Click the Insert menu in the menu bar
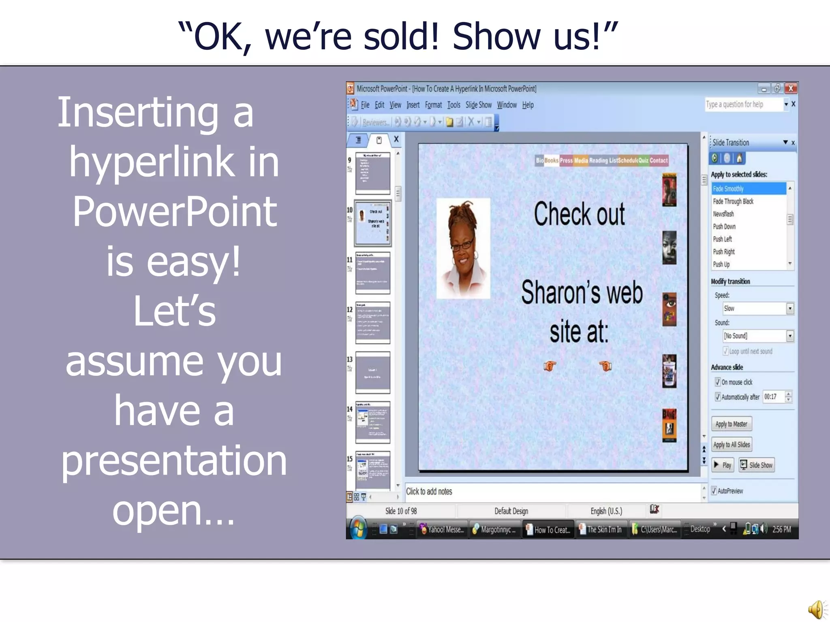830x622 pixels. (x=413, y=105)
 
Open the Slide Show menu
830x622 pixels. (x=478, y=105)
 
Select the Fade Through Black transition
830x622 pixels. (x=733, y=201)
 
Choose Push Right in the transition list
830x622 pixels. (x=724, y=251)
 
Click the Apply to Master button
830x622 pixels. (x=731, y=424)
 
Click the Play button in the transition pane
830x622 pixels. (x=723, y=465)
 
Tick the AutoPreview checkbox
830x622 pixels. (x=714, y=491)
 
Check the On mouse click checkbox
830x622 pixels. (x=718, y=382)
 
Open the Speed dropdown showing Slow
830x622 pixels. (x=790, y=309)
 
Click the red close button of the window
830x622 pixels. (x=791, y=88)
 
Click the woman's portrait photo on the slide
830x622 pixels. (x=463, y=248)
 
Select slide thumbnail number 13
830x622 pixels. (x=372, y=372)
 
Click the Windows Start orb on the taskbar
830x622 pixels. (x=358, y=528)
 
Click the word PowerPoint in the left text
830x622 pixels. (x=174, y=211)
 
